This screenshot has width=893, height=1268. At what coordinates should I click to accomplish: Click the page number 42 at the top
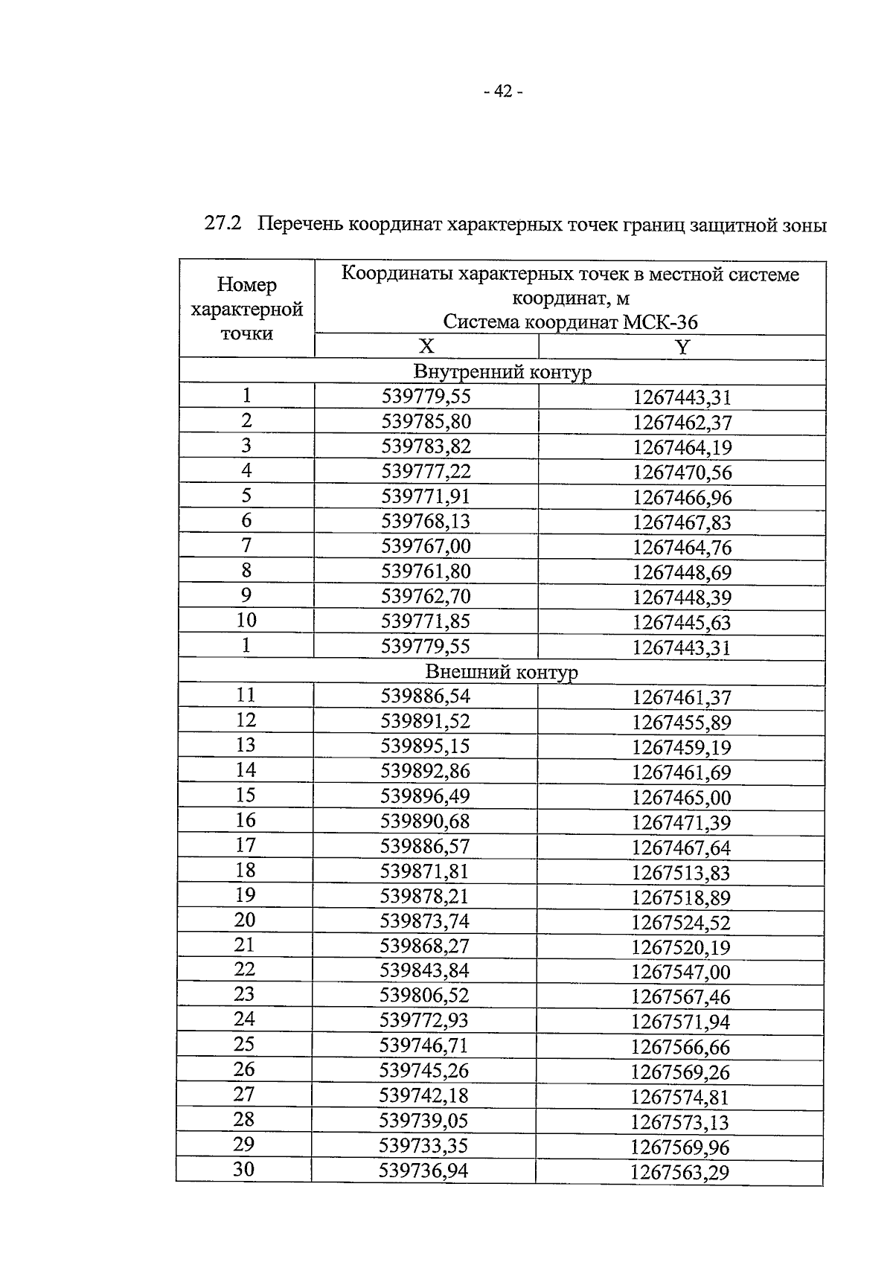[x=502, y=92]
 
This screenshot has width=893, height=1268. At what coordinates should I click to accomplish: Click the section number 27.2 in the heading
[x=223, y=224]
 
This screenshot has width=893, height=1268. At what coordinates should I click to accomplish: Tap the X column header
[x=426, y=346]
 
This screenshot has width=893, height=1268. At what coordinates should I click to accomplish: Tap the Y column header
[x=682, y=347]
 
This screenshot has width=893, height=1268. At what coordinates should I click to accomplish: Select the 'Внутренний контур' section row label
[x=502, y=371]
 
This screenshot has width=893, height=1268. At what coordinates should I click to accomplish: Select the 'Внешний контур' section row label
[x=502, y=672]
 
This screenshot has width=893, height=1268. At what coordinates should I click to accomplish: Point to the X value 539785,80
[x=426, y=422]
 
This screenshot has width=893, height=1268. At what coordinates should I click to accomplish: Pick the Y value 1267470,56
[x=682, y=473]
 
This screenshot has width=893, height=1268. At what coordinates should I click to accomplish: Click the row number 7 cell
[x=246, y=546]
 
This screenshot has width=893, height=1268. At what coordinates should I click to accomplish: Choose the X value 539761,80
[x=426, y=571]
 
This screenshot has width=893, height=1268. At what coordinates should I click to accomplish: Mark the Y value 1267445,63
[x=682, y=622]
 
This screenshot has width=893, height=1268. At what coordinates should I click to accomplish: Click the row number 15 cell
[x=246, y=795]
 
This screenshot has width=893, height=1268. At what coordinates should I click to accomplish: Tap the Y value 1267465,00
[x=682, y=798]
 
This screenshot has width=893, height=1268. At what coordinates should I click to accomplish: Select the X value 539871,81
[x=425, y=871]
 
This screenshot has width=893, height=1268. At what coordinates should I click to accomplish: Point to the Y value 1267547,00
[x=681, y=972]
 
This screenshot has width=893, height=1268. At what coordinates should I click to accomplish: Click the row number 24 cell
[x=244, y=1019]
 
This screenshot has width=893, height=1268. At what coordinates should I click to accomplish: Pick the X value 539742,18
[x=424, y=1095]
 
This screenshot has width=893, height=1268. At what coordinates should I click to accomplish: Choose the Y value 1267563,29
[x=679, y=1173]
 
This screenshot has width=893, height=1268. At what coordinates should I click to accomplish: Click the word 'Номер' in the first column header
[x=246, y=285]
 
